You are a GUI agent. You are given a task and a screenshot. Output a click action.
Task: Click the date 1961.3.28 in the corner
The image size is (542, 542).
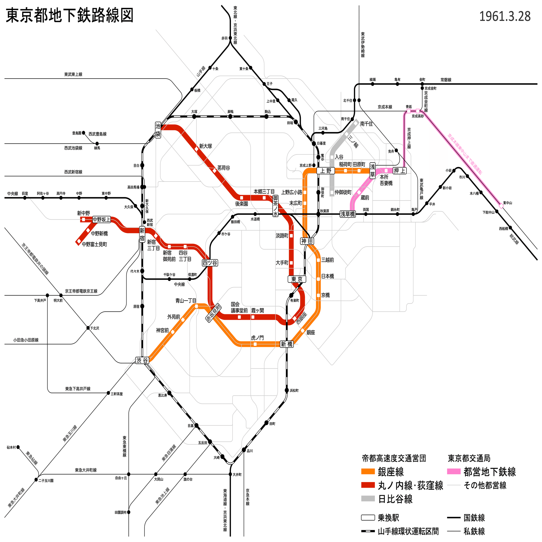pos(505,17)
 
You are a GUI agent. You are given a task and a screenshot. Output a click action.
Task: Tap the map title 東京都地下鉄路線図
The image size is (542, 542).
pos(69,15)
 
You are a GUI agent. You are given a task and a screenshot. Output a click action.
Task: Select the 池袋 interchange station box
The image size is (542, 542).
pos(158,130)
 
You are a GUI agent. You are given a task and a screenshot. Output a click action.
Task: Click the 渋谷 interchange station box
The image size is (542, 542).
pos(142,360)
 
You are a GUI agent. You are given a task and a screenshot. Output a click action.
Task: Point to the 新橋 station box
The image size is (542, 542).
pos(287,344)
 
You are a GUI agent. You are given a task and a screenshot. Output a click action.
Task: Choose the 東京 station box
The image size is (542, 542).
pos(296,279)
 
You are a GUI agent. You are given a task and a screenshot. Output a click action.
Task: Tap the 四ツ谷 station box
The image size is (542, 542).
pos(210,263)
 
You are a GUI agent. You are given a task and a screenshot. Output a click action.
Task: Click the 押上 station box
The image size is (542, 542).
pos(399,170)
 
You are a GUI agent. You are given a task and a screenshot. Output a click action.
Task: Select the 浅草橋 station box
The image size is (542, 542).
pos(348,214)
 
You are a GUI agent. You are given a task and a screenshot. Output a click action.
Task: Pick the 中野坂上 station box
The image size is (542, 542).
pos(102,220)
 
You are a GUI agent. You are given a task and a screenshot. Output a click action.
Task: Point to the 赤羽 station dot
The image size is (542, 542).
pos(230,38)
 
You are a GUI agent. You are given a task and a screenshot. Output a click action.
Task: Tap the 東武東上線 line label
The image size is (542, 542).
pos(73,74)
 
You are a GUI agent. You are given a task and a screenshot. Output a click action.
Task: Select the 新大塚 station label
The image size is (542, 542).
pos(205,146)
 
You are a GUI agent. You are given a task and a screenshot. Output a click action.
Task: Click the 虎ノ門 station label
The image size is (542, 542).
pos(257,338)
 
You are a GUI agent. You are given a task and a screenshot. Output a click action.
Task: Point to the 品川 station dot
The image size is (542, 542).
pos(244,450)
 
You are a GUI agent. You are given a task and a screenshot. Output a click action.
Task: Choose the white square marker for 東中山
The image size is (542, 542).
pos(501,206)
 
